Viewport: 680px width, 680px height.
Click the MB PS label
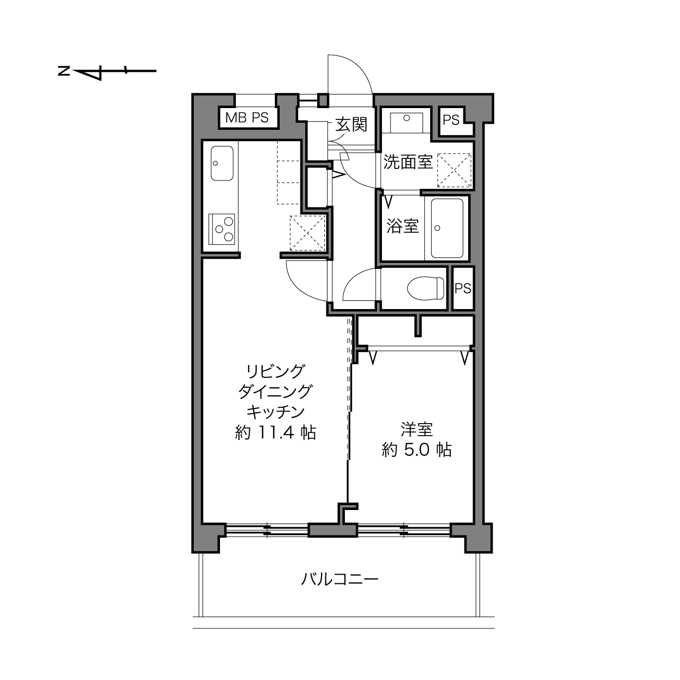247,117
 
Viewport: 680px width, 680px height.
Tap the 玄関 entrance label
351,124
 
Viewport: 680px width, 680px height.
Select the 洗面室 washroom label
408,162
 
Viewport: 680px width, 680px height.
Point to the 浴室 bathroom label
402,226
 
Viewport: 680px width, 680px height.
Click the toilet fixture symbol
425,288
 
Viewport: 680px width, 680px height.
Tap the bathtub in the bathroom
447,228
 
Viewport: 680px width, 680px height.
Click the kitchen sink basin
222,163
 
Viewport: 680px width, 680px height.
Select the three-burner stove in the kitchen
222,229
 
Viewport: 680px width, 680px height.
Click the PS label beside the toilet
463,288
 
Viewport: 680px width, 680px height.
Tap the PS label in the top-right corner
451,120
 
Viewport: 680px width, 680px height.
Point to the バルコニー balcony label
339,579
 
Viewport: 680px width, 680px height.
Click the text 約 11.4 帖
275,432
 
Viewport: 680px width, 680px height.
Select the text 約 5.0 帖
417,450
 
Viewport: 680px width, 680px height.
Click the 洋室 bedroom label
417,430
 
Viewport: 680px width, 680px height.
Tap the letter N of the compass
64,71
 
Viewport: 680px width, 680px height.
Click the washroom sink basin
406,122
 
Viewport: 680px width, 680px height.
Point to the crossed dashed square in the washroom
454,170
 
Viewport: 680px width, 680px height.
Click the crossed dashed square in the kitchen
307,233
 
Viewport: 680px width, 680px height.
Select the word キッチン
275,412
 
